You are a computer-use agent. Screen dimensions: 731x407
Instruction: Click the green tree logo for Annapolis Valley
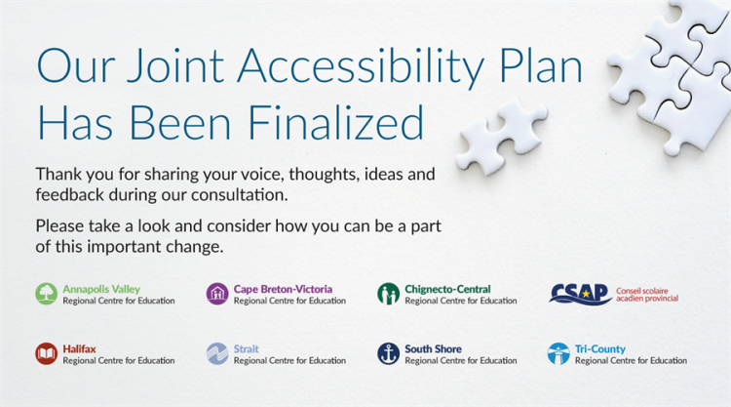tap(47, 294)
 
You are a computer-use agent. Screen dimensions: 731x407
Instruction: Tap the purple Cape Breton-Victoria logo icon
tap(217, 294)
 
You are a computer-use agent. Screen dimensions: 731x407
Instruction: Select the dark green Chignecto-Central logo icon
tap(388, 294)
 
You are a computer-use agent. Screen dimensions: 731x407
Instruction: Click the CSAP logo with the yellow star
tap(580, 295)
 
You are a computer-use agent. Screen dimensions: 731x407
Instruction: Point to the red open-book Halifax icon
tap(47, 353)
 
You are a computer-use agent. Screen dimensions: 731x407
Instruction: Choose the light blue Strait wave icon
tap(217, 353)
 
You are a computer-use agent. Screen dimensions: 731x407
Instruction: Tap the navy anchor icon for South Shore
tap(388, 353)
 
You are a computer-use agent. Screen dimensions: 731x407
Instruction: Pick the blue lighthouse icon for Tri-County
tap(558, 353)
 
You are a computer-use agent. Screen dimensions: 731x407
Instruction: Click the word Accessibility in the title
tap(361, 67)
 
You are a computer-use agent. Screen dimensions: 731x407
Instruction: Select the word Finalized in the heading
tap(335, 123)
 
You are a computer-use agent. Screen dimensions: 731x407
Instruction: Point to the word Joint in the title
tap(175, 65)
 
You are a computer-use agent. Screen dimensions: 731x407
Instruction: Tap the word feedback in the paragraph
tap(70, 195)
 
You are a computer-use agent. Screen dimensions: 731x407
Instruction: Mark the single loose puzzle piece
tap(501, 137)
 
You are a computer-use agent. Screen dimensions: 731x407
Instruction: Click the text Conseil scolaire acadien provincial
tap(647, 295)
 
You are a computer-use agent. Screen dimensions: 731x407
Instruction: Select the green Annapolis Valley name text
tap(101, 289)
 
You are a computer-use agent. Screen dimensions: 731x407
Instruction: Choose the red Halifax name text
tap(79, 349)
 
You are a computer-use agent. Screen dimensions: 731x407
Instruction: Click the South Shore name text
tap(433, 349)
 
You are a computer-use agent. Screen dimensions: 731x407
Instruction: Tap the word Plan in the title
tap(541, 65)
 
